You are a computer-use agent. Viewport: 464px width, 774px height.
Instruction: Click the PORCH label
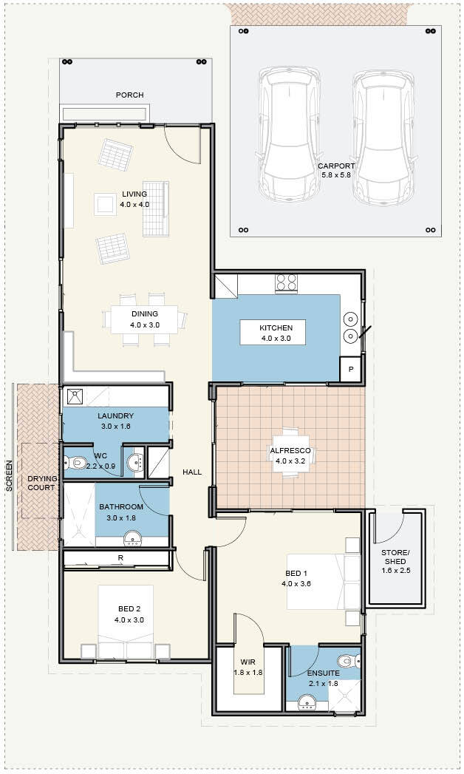(130, 95)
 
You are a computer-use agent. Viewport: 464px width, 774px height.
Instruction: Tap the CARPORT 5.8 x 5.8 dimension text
(335, 174)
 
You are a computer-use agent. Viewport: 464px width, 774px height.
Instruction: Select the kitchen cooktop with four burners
(286, 283)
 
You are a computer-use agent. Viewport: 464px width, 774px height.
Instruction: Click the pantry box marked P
(351, 369)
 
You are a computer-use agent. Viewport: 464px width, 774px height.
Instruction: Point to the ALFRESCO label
(290, 451)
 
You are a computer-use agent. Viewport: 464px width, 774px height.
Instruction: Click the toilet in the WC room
(73, 463)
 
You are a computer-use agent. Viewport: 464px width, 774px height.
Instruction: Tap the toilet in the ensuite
(351, 660)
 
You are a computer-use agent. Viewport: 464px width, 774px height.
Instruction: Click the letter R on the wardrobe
(120, 558)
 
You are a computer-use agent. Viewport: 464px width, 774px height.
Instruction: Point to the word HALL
(192, 472)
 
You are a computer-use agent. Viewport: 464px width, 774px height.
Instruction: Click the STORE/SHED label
(395, 557)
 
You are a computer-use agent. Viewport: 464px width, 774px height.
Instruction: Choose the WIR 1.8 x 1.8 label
(248, 667)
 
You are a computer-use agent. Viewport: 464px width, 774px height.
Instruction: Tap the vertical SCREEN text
(9, 475)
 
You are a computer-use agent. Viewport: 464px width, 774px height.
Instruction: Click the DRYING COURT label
(41, 483)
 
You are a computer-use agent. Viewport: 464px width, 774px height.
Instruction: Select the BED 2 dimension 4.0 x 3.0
(129, 620)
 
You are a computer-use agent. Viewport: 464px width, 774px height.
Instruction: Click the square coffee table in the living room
(106, 204)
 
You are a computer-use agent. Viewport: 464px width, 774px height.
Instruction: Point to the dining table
(144, 319)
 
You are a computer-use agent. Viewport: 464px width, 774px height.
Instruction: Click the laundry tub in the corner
(75, 397)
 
